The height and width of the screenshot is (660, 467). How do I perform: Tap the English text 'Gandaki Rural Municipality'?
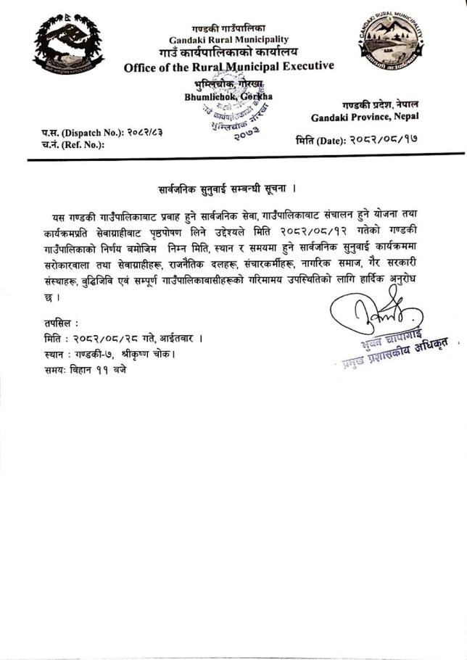pos(228,39)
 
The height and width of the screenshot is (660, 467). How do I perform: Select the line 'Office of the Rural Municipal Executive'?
pos(228,67)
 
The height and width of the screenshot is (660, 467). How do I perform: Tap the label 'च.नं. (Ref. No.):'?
pos(73,144)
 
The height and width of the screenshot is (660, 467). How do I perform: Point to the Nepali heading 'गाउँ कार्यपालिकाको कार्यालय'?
pos(228,53)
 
